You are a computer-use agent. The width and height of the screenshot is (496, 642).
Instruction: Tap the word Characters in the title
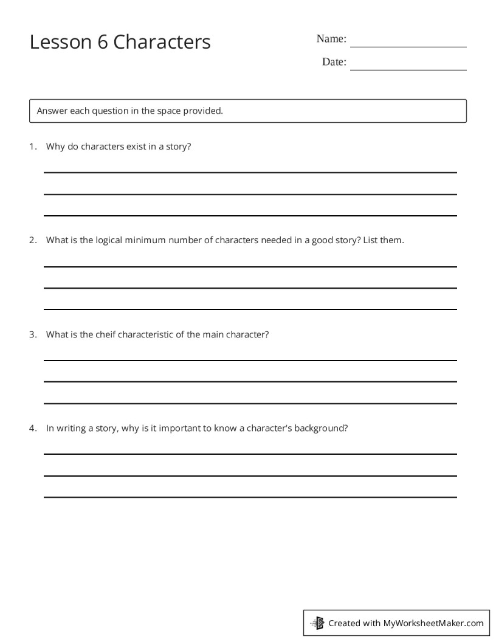pos(162,42)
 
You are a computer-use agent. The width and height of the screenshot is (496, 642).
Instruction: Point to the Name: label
pos(331,39)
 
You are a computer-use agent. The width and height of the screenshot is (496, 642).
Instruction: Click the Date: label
pos(334,62)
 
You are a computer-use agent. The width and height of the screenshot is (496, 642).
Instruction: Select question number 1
pos(32,147)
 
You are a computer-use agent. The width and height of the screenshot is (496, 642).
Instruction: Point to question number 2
pos(32,240)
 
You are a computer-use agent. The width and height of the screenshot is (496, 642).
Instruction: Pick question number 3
pos(32,334)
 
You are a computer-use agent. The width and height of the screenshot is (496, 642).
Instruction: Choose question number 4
pos(32,427)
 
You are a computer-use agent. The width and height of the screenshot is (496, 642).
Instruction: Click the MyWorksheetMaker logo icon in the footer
pos(317,623)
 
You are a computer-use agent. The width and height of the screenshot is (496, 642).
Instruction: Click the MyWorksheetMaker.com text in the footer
pos(433,623)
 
